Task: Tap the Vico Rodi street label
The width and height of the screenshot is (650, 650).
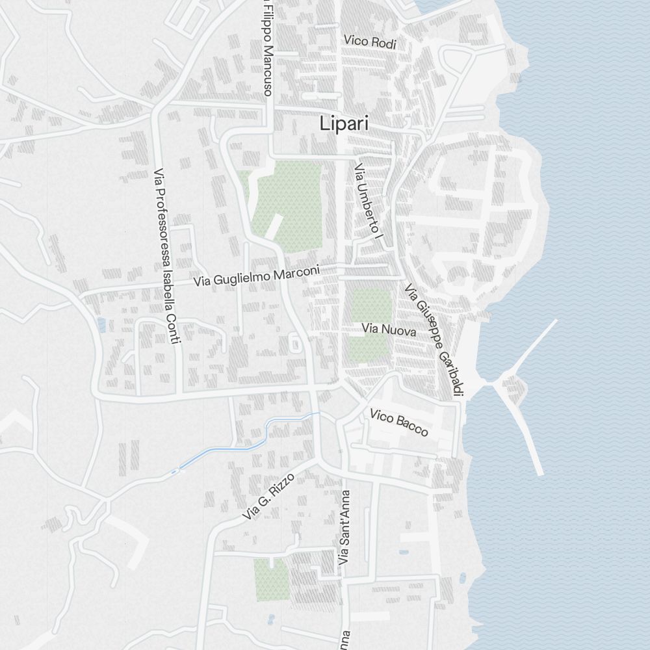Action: coord(370,42)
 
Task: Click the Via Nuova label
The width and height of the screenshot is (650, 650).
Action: coord(389,330)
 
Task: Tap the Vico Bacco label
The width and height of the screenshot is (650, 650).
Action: coord(399,422)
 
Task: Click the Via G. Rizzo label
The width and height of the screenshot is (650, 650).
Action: coord(268,496)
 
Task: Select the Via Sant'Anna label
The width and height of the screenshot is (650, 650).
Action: coord(344,526)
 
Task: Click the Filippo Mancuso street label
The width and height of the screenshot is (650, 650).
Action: coord(267,49)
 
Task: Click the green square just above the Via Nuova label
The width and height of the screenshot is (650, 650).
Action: coord(371,305)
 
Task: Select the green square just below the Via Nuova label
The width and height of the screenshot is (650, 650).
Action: coord(369,348)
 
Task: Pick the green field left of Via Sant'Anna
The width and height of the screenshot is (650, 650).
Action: coord(270,578)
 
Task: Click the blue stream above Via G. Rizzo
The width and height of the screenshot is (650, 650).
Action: coord(240,447)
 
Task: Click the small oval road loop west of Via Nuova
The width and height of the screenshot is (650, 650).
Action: coord(296,343)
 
